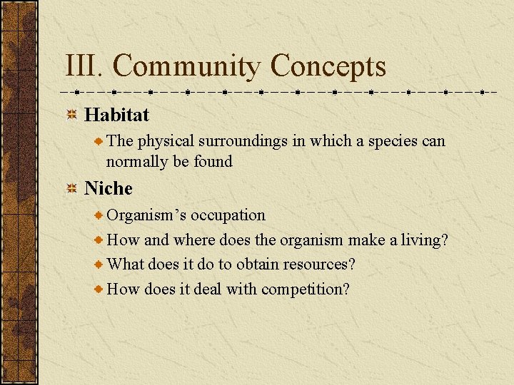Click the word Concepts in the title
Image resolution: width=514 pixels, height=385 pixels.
(328, 67)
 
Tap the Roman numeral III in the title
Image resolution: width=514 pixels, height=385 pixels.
(84, 67)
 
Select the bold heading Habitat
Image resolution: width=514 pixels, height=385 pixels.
(117, 115)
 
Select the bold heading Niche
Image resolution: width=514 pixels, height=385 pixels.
(109, 189)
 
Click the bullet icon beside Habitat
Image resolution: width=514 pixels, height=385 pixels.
(71, 115)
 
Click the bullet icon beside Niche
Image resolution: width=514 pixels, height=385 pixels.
(71, 189)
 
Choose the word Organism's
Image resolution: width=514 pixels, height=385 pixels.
(146, 215)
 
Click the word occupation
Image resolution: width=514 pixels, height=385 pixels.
(228, 215)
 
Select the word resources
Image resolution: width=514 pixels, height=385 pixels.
(318, 265)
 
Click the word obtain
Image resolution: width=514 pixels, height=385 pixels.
(257, 265)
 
